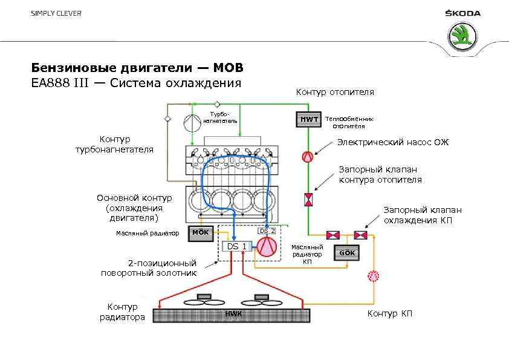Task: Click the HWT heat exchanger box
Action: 308,119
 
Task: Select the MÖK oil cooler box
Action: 201,233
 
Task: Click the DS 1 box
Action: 236,246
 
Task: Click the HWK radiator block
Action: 232,315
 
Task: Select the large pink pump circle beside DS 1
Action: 267,246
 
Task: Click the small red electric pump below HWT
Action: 308,156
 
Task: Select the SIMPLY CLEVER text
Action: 56,13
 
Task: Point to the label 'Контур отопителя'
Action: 334,92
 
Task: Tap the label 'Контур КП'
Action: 390,313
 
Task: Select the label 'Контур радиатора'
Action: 123,312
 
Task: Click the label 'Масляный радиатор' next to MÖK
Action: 147,233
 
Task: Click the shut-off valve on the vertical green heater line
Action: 308,198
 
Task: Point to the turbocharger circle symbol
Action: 193,123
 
